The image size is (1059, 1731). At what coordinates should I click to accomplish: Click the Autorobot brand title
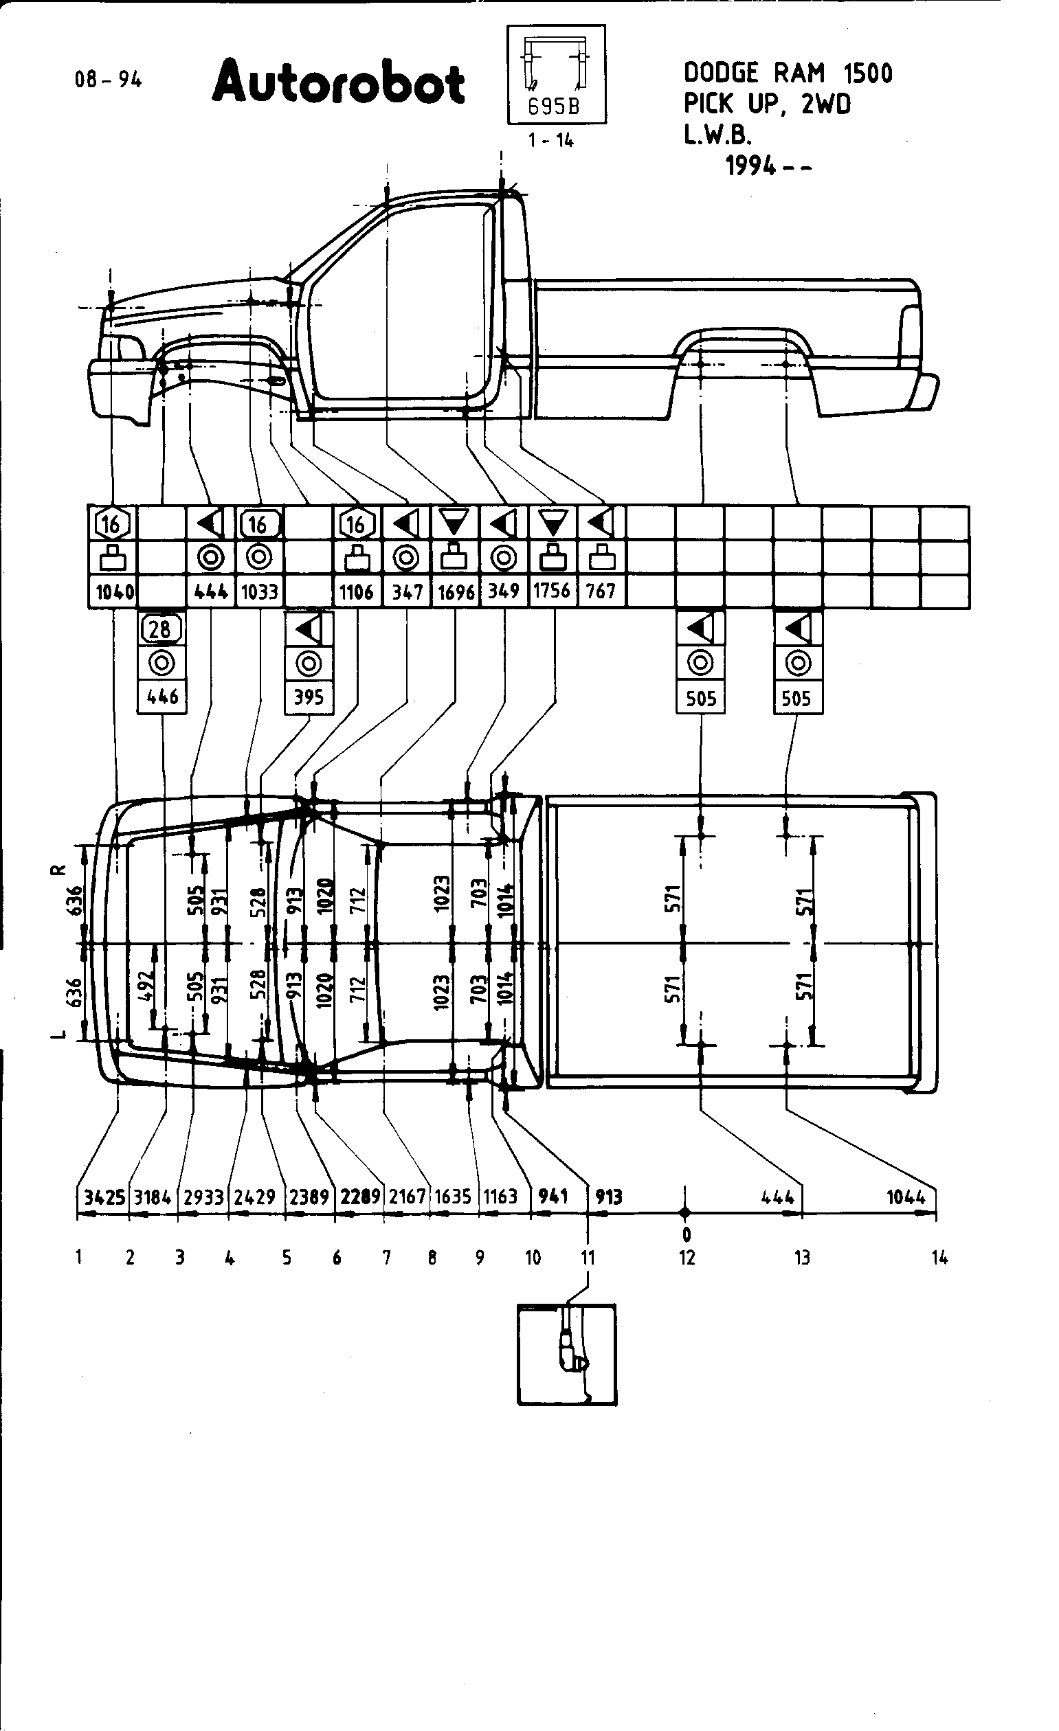click(338, 83)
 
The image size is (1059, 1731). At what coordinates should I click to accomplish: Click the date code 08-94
click(108, 80)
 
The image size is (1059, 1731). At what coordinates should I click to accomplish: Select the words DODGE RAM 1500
click(787, 73)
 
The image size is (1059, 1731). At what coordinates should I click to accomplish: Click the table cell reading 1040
click(115, 591)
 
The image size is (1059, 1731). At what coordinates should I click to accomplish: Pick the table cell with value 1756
click(552, 591)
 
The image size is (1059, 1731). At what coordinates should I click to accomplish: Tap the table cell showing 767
click(601, 591)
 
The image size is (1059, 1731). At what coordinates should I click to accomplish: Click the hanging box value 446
click(162, 698)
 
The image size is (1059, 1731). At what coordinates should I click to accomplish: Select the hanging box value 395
click(309, 698)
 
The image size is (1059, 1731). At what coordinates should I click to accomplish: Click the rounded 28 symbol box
click(161, 629)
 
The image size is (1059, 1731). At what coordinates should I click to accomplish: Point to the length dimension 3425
click(104, 1196)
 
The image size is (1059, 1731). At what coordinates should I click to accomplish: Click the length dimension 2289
click(360, 1196)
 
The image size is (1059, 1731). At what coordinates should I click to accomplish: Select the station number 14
click(940, 1258)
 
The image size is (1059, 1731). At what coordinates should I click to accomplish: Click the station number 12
click(687, 1258)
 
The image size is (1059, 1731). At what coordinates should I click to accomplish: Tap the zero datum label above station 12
click(687, 1234)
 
